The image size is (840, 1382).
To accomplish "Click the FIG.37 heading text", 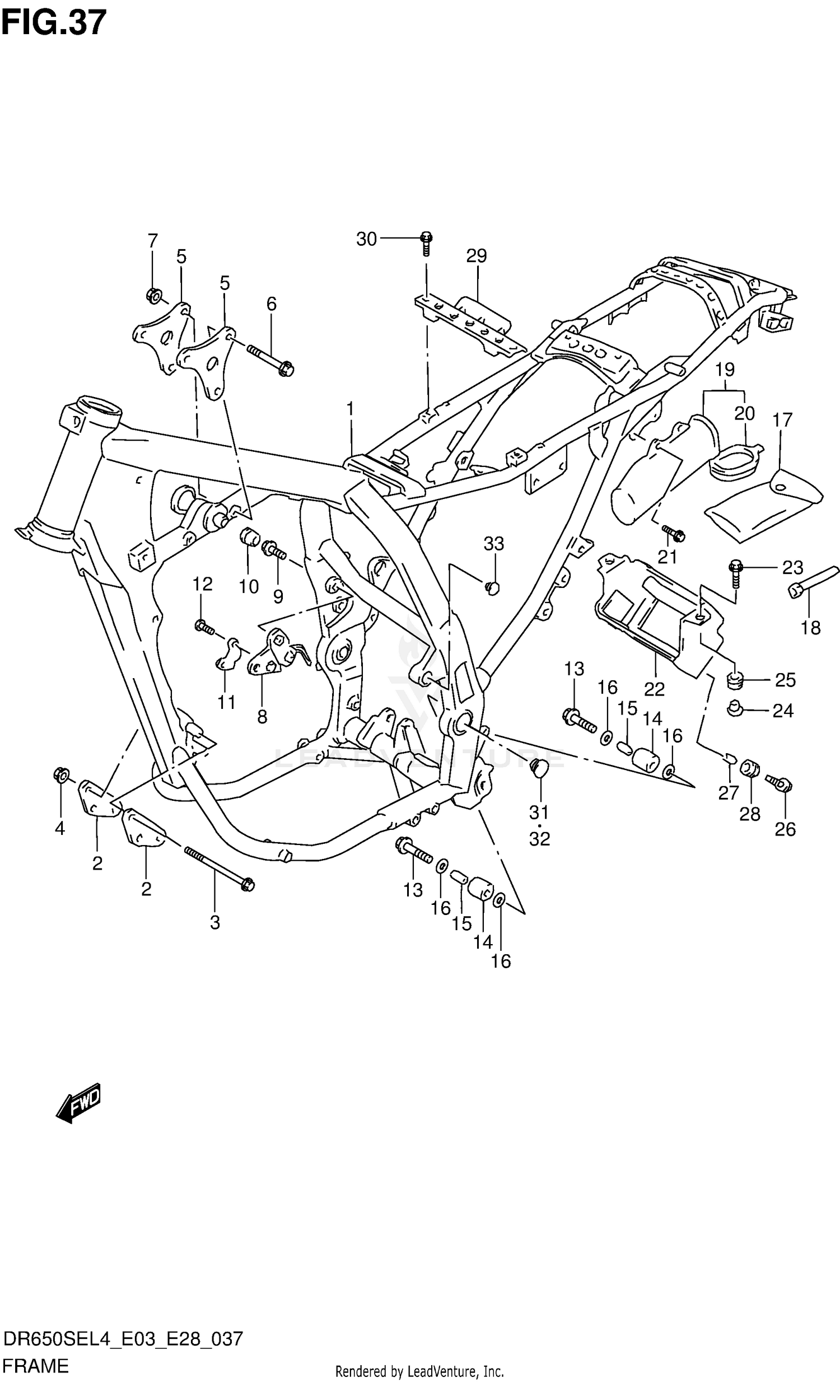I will [x=53, y=22].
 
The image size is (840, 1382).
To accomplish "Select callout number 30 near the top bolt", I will [x=366, y=240].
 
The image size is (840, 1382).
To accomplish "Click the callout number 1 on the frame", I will [x=350, y=409].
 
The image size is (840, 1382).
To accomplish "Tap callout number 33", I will [x=493, y=544].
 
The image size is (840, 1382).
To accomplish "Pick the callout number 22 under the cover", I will [x=654, y=689].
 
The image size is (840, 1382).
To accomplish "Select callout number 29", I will [x=476, y=256].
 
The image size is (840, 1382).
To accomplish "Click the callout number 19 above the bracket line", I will [x=725, y=370].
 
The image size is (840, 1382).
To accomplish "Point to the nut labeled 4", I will [x=60, y=775].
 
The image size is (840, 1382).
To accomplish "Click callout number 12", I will [x=202, y=585].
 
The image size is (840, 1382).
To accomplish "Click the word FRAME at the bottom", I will [x=35, y=1366].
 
